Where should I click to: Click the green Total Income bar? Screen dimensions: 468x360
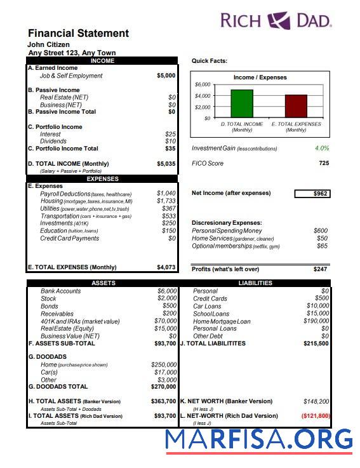[241, 104]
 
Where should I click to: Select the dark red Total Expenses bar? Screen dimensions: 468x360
[296, 106]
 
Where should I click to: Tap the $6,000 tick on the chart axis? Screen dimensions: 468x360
[203, 84]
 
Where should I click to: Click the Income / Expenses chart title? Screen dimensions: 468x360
[260, 77]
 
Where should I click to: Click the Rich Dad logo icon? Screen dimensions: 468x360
[279, 21]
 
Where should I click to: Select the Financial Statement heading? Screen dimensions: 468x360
[78, 33]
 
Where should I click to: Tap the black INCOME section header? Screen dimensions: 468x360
[103, 61]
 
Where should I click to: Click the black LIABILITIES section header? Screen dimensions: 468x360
[255, 283]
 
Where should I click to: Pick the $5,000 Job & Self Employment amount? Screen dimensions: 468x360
[166, 76]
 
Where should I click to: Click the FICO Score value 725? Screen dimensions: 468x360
[323, 164]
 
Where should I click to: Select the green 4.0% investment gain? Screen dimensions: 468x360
[322, 149]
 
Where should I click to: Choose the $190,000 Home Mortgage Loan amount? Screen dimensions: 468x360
[316, 321]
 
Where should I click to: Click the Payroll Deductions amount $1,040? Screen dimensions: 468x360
[166, 194]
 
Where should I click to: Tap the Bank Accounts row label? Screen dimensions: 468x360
[61, 291]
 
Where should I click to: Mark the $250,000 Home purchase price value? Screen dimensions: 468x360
[163, 364]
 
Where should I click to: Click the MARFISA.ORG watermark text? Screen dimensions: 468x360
[259, 439]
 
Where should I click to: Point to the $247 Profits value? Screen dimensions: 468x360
[320, 269]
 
